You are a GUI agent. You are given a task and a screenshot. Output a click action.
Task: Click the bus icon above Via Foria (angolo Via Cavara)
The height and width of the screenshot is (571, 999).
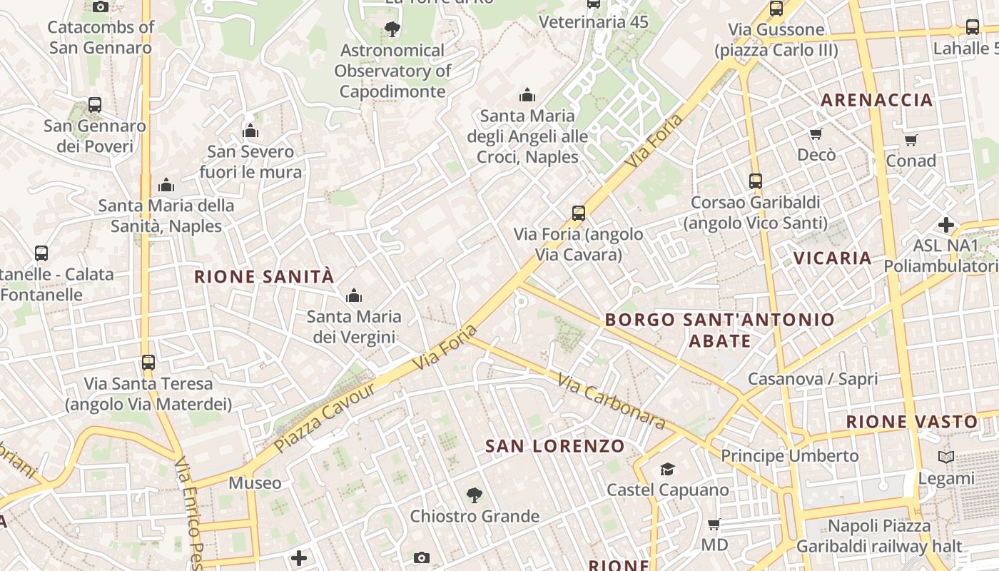(x=578, y=213)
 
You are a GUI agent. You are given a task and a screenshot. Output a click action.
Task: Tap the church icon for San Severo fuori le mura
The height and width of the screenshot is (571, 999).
(x=250, y=131)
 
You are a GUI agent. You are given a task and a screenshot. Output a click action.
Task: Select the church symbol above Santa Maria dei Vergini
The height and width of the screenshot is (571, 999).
(x=353, y=295)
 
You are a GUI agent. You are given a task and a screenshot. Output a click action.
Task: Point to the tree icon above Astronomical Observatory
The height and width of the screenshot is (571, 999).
(x=392, y=29)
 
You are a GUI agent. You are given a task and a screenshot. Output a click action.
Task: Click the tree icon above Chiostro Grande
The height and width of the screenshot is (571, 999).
(x=474, y=495)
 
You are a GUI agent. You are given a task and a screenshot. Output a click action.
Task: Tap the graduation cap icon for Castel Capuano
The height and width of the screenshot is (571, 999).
(x=667, y=469)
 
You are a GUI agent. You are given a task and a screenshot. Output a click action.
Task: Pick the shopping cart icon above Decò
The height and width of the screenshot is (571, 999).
(x=816, y=133)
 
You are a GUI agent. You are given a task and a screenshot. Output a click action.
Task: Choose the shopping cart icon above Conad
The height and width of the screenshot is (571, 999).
(x=911, y=140)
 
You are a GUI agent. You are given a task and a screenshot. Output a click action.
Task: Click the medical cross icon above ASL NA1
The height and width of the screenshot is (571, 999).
(x=946, y=225)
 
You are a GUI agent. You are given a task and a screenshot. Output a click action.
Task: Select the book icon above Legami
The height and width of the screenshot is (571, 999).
(x=946, y=457)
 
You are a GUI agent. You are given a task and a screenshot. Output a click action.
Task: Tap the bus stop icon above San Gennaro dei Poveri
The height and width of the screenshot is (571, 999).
(x=95, y=105)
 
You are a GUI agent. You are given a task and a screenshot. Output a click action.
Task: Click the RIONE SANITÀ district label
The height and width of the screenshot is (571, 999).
(x=264, y=277)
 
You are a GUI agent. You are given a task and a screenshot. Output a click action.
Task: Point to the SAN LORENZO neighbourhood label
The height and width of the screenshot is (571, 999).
(x=555, y=446)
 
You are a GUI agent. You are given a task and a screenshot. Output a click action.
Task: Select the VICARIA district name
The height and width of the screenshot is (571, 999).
(x=833, y=258)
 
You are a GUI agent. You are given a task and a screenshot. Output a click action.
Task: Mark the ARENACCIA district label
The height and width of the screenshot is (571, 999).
(x=876, y=100)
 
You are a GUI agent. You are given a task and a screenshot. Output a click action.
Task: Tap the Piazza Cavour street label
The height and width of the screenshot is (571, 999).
(x=325, y=418)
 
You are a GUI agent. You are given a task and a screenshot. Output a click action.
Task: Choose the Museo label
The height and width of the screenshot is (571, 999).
(x=255, y=483)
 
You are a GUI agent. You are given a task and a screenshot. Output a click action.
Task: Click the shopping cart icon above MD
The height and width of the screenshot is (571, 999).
(x=714, y=525)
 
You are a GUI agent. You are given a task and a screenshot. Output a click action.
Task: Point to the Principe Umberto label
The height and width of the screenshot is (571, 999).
(x=789, y=455)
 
